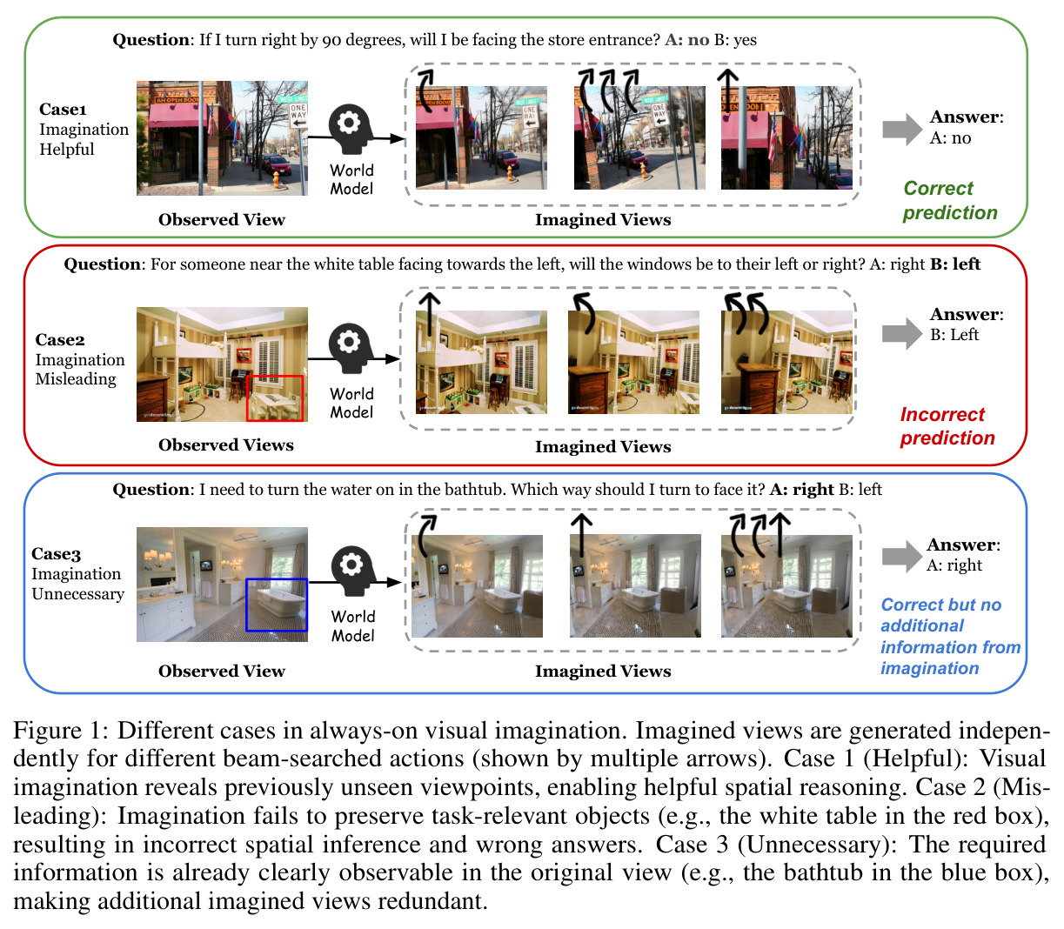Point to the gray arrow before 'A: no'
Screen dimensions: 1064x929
[902, 129]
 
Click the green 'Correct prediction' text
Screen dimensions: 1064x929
[949, 200]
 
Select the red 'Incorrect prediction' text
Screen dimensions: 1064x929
[947, 425]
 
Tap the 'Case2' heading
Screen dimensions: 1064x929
[60, 339]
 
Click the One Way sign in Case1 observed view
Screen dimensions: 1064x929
[298, 115]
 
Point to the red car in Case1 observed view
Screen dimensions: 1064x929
[278, 164]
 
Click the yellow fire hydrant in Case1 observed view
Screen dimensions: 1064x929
[276, 179]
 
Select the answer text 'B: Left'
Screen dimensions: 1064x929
[954, 334]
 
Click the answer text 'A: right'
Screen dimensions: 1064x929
[954, 565]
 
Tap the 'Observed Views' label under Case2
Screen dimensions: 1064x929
[225, 445]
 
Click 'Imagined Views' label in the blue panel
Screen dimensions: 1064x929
[603, 671]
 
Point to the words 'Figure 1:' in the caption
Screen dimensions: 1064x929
[60, 731]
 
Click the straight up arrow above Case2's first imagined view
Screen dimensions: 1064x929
[430, 314]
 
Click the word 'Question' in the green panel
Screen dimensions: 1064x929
[151, 40]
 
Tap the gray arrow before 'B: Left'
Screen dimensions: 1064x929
[902, 333]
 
